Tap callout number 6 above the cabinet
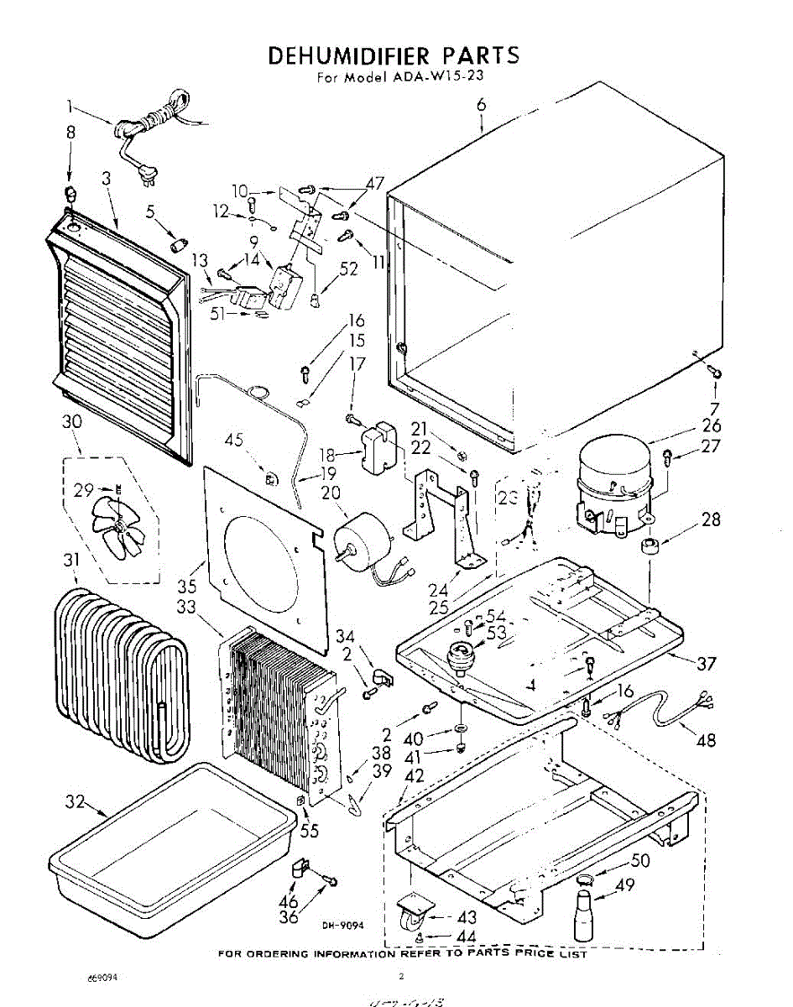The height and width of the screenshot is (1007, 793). (481, 106)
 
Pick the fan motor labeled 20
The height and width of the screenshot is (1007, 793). (365, 545)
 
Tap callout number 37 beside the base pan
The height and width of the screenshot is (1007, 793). (706, 664)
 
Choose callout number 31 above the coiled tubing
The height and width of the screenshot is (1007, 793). (72, 559)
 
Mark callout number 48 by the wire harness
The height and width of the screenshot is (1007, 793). (707, 739)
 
